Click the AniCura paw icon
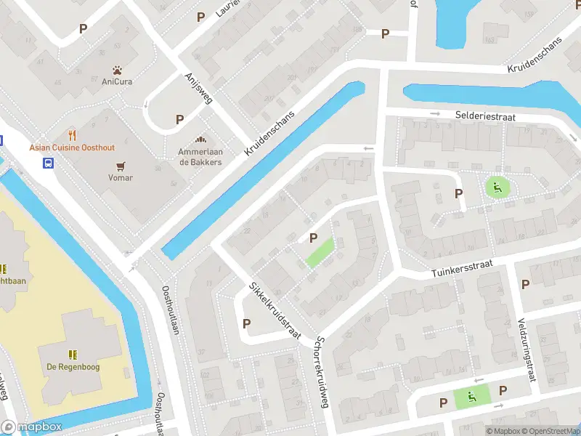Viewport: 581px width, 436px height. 117,70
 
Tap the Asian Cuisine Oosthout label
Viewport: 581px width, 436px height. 72,148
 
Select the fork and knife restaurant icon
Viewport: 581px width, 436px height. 72,134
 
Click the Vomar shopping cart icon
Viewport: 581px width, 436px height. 121,166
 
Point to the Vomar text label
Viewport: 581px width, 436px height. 121,178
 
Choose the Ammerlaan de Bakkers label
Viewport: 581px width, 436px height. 200,157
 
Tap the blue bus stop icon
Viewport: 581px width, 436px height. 48,162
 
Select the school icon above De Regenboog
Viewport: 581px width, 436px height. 71,354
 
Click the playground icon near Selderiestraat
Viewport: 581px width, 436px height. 497,188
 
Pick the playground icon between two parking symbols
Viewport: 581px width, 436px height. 472,397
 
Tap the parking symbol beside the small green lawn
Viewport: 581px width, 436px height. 314,238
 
